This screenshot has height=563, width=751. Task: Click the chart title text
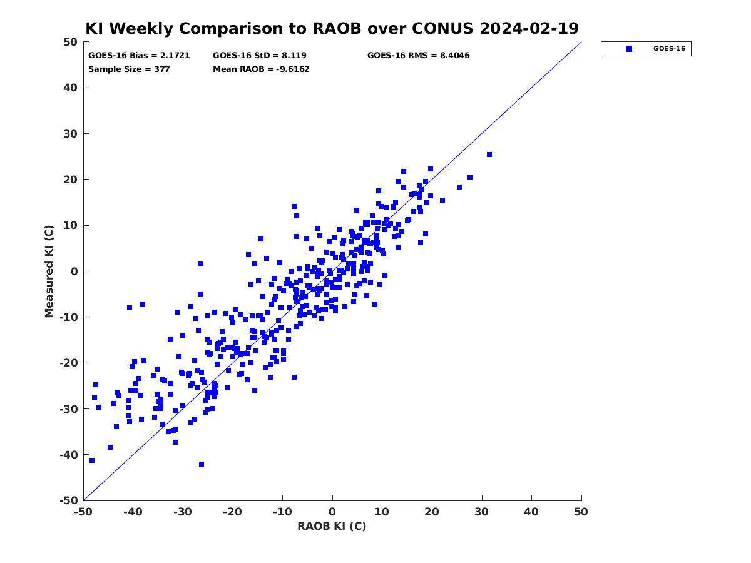tap(332, 28)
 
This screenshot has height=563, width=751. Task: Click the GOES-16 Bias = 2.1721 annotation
tap(139, 56)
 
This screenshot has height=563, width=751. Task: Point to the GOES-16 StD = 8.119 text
tap(259, 56)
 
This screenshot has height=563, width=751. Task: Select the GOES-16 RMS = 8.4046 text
tap(419, 56)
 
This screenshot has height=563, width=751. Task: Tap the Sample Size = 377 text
tap(129, 69)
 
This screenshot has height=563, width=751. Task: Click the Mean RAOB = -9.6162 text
tap(261, 69)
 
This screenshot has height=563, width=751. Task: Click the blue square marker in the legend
tap(629, 49)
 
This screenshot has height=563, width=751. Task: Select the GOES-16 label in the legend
tap(669, 49)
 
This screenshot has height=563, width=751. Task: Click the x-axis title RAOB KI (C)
tap(332, 527)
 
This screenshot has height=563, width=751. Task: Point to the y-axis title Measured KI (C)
tap(49, 271)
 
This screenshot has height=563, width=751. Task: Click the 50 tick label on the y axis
tap(71, 42)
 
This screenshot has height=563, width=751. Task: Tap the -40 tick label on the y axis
tap(69, 455)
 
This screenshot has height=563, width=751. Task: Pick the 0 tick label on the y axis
tap(74, 271)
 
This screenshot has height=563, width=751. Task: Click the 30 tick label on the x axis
tap(482, 512)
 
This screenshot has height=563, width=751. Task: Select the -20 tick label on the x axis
tap(233, 512)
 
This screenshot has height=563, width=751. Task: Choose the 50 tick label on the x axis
tap(581, 512)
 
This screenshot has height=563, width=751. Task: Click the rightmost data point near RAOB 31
tap(489, 155)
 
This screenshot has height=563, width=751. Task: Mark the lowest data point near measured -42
tap(202, 464)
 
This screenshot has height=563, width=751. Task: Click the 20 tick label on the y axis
tap(71, 180)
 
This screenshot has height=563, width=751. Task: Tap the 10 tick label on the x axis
tap(382, 512)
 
